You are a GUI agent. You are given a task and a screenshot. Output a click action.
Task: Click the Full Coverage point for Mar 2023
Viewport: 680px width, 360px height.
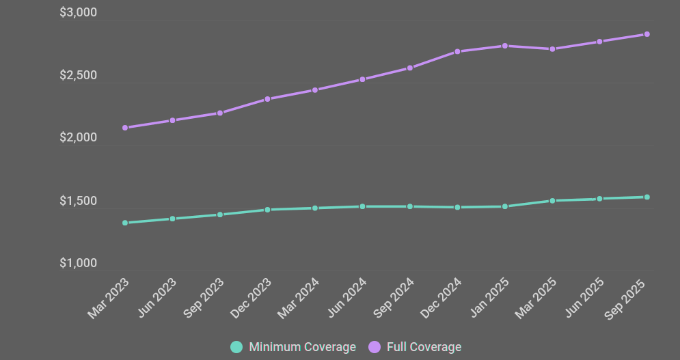click(x=125, y=128)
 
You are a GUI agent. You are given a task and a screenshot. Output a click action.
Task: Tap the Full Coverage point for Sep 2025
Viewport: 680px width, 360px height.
click(x=647, y=34)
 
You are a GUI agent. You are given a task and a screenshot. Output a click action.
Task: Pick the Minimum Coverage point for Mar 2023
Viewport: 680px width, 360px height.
click(x=125, y=223)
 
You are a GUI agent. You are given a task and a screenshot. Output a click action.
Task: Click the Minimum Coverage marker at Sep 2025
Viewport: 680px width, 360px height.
click(x=647, y=197)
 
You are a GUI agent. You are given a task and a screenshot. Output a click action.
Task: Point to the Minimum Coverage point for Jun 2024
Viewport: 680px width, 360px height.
click(x=362, y=206)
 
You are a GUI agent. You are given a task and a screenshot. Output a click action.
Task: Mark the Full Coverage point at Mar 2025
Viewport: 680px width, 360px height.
click(x=552, y=49)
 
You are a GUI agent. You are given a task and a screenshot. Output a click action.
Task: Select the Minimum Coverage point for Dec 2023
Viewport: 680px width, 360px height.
click(x=267, y=210)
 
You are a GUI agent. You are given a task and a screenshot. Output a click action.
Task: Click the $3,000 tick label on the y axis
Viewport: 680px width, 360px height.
click(x=78, y=13)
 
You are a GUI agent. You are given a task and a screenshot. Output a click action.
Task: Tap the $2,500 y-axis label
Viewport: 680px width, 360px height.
click(x=78, y=76)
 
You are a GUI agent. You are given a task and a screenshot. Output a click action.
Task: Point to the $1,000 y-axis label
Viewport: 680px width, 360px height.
click(x=78, y=264)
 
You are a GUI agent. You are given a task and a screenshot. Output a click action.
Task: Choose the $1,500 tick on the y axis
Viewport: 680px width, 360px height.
click(x=78, y=202)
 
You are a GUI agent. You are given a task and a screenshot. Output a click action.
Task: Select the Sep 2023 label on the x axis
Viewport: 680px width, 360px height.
click(x=204, y=299)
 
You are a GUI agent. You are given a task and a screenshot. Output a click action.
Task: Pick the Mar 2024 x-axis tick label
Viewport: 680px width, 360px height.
click(x=298, y=299)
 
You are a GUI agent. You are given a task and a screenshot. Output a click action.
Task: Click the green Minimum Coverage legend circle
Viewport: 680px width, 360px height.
click(x=236, y=347)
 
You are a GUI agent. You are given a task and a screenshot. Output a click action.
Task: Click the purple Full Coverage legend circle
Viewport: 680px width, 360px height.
click(x=375, y=347)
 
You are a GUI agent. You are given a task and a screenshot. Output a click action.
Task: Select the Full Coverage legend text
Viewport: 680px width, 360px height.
click(x=424, y=347)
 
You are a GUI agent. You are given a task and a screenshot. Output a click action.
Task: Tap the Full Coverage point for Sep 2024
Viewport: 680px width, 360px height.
click(x=410, y=68)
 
